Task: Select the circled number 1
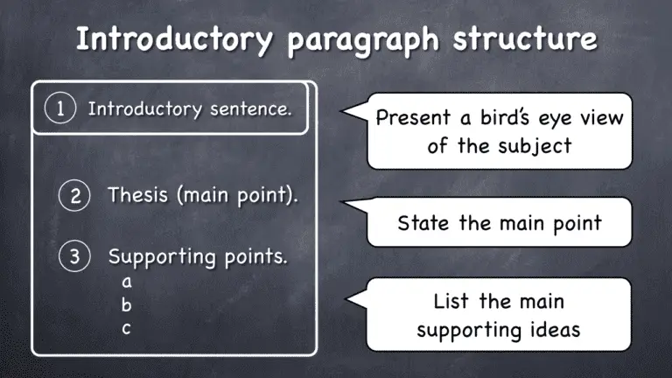point(59,109)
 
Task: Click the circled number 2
point(75,196)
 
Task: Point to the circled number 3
point(75,257)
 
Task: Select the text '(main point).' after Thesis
point(237,196)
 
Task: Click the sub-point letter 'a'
point(127,283)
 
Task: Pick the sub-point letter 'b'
point(127,305)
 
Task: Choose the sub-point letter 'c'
point(127,329)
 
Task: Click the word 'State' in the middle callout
point(423,222)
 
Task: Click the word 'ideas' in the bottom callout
point(556,329)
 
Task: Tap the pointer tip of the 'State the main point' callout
point(342,205)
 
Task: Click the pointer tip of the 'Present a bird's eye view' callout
point(342,111)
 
